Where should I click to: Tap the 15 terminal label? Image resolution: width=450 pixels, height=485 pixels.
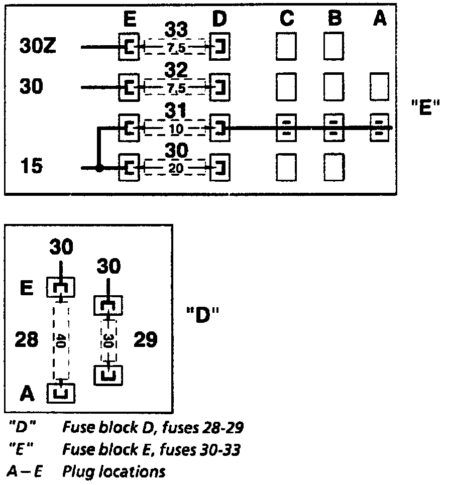32,166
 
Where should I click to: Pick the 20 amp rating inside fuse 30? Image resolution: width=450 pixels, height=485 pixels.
176,169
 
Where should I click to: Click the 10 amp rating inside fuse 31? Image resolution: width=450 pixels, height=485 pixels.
176,129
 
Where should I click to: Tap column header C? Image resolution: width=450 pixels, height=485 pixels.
286,19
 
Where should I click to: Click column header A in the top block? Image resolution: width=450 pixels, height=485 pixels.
379,19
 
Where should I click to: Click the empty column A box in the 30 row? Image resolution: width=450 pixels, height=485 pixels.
379,86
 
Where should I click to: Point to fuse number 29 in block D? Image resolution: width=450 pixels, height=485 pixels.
146,341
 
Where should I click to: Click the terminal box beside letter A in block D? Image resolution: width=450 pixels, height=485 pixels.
61,392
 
